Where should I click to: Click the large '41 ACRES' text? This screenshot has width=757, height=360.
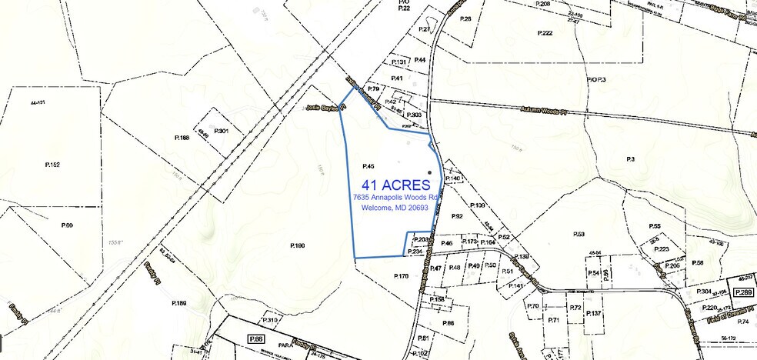(395, 185)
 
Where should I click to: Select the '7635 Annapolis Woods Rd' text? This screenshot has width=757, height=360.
(395, 198)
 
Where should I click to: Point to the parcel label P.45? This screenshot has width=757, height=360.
(367, 166)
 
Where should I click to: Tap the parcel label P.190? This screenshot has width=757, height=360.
(298, 245)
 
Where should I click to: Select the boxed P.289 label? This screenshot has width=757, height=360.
(742, 293)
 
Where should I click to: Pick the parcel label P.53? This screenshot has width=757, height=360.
(579, 234)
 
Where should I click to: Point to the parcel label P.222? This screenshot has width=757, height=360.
(545, 33)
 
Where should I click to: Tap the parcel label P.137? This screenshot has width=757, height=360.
(593, 314)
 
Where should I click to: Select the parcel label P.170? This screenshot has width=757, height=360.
(401, 275)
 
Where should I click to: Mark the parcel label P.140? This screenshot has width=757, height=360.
(453, 178)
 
